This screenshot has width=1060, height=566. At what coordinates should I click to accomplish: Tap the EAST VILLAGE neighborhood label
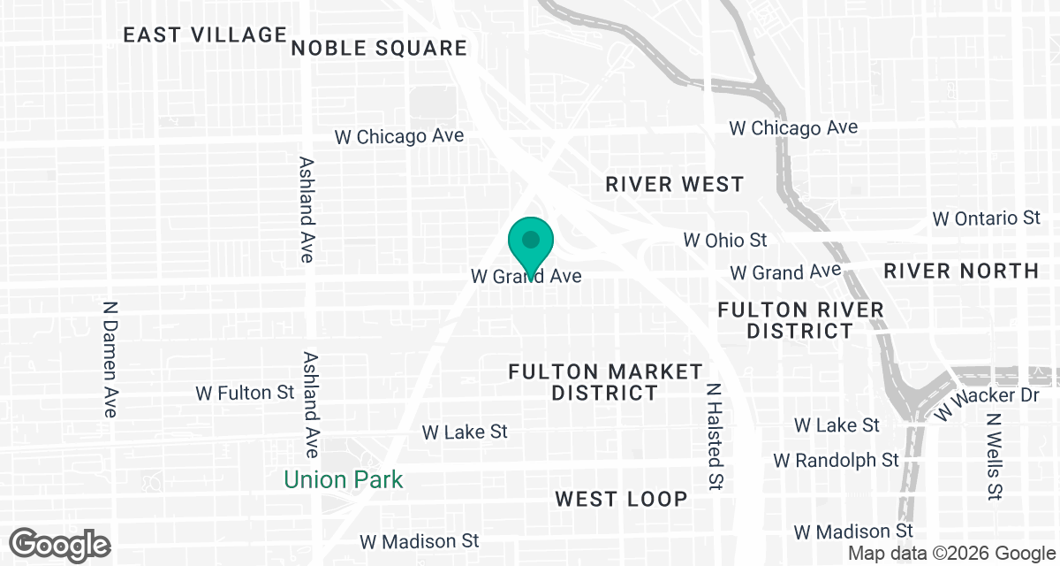point(205,35)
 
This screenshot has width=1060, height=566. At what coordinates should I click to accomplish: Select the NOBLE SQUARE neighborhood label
point(379,48)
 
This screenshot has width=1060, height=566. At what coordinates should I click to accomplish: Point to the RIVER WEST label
point(675,185)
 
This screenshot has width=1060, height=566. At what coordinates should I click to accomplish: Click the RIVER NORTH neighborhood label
point(961,271)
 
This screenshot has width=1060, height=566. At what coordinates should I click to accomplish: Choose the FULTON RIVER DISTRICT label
point(800,320)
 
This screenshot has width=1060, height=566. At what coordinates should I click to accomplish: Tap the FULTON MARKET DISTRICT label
point(605,382)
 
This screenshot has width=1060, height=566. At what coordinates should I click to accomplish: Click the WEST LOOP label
point(621,499)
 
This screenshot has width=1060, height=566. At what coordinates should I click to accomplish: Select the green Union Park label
point(343,480)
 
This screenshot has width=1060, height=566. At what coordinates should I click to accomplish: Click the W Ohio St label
point(725,240)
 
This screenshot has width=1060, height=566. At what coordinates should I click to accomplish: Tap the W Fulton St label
point(245,392)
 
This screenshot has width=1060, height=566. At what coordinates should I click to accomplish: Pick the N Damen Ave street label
point(110,358)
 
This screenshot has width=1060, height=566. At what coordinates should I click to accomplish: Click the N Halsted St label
point(715,436)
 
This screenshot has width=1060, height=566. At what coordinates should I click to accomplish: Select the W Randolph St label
point(836,461)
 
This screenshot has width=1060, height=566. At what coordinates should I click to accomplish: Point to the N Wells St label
point(995,455)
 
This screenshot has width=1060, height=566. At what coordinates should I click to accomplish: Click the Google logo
point(60,545)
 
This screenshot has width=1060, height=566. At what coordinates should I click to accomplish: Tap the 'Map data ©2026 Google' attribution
point(950,554)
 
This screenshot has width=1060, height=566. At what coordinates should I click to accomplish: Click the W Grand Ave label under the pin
point(526,277)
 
